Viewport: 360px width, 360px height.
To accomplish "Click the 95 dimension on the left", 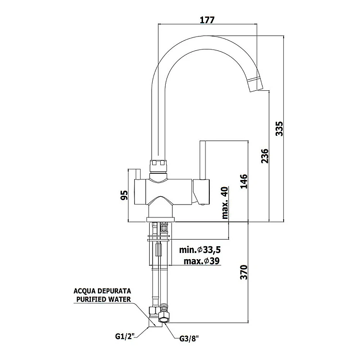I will pos(123,194).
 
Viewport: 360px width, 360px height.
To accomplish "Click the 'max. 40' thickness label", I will pos(226,203).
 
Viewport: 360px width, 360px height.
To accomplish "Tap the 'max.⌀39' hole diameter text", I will pos(202,261).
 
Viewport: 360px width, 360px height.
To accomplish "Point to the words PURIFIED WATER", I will pos(102,300).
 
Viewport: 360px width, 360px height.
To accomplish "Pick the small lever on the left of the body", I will pos(137,173).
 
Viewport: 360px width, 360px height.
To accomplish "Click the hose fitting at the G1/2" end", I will pos(154,317).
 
